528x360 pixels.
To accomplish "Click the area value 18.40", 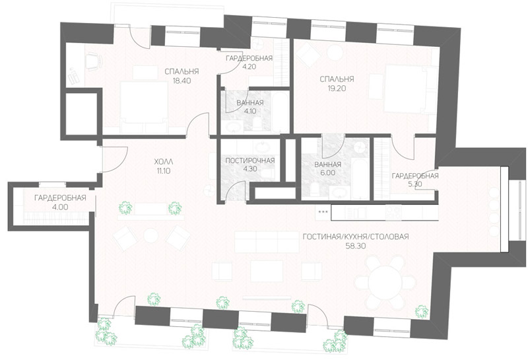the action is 181,81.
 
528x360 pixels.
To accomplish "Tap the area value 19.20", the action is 337,89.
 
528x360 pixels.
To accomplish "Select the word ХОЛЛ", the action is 162,161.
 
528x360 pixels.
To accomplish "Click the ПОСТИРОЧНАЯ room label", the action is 250,161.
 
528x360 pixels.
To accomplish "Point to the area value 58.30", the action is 356,246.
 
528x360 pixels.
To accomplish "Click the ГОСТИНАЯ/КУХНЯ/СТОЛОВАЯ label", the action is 356,236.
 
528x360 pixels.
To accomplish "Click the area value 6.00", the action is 327,173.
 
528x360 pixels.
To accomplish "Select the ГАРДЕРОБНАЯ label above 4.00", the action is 60,198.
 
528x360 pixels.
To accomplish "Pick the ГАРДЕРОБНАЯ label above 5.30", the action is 415,176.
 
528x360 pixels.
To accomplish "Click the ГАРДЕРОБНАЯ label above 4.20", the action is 249,58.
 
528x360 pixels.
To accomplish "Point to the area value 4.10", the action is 249,111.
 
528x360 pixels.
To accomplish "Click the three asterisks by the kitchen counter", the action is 323,211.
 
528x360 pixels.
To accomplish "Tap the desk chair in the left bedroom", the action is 93,61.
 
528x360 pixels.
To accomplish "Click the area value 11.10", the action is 162,171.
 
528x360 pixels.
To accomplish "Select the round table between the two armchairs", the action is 150,236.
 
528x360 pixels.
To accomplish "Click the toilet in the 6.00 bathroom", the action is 315,190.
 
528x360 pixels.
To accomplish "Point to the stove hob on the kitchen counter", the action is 394,212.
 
